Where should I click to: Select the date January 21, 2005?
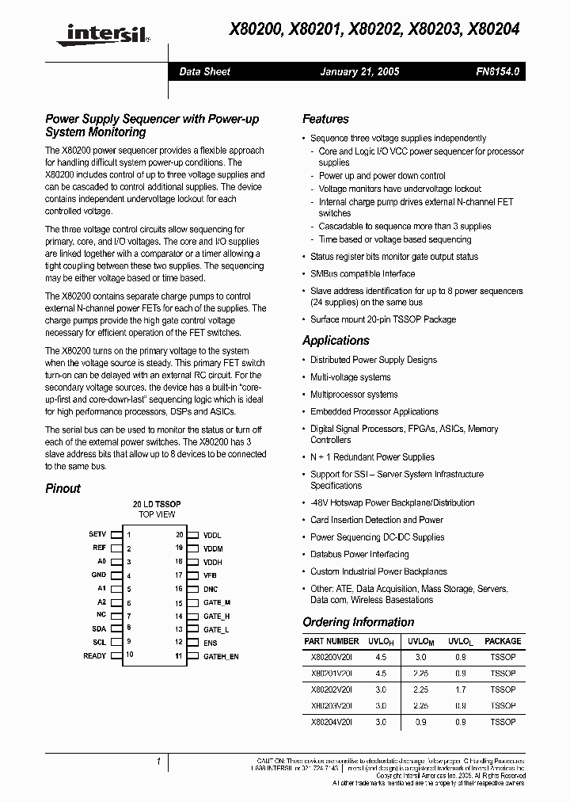[359, 71]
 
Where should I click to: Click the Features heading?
[325, 119]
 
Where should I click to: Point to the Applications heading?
[336, 340]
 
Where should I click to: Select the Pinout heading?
[63, 488]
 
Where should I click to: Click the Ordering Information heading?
[359, 622]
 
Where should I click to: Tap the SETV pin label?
[97, 535]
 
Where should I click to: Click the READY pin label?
[94, 655]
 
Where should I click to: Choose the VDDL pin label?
[212, 535]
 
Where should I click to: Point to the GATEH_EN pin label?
[221, 656]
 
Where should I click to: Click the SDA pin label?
[98, 628]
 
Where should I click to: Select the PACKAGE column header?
[503, 641]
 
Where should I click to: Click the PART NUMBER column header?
[331, 641]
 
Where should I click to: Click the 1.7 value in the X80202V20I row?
[460, 689]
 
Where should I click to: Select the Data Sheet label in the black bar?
[204, 71]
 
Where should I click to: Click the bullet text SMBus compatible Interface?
[362, 273]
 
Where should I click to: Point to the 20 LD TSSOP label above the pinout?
[157, 504]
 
